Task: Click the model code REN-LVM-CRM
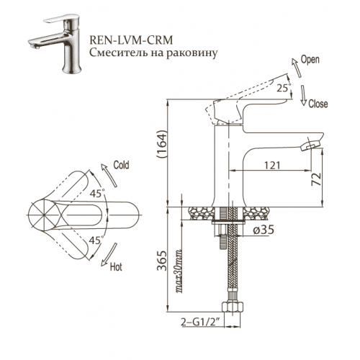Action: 131,40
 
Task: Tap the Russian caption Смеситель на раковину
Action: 153,53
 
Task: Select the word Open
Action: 310,60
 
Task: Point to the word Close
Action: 318,104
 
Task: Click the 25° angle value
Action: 284,88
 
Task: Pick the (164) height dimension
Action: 161,144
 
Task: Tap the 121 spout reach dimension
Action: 272,165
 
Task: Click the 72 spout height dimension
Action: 316,179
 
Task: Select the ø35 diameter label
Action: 264,230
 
